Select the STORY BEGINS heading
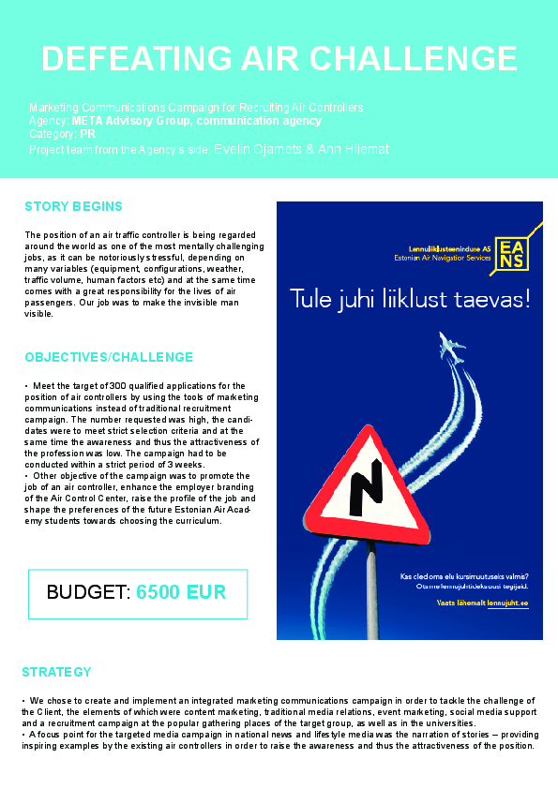click(x=73, y=206)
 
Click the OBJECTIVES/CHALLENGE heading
click(x=109, y=357)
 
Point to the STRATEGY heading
click(x=56, y=672)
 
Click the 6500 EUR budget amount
click(x=181, y=592)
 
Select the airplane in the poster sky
click(x=451, y=347)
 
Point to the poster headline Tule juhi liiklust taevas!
click(x=410, y=300)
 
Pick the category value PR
click(x=88, y=134)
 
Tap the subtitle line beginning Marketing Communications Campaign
click(x=196, y=108)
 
